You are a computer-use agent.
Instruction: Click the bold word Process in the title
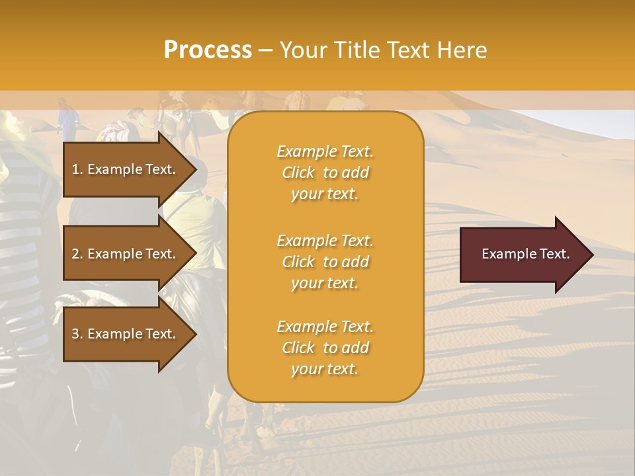(208, 50)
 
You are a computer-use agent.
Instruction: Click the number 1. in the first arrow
(77, 169)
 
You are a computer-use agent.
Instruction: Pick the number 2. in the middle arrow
(77, 254)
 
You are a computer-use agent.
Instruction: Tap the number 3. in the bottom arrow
(77, 334)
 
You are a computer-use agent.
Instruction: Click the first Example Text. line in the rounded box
(325, 151)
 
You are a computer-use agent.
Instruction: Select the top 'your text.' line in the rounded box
(325, 194)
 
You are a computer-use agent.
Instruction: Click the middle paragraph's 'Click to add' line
(325, 262)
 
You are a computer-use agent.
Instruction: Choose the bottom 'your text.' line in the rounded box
(325, 370)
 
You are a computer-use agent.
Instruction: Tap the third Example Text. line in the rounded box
(325, 327)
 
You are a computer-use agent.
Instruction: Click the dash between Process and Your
(266, 50)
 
